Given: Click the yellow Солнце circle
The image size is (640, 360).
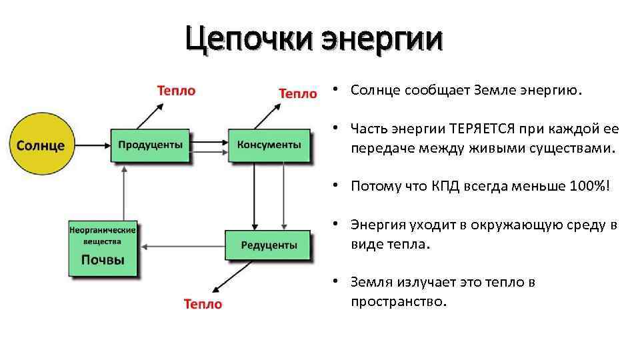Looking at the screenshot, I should [40, 145].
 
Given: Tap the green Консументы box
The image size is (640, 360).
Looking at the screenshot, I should [269, 145].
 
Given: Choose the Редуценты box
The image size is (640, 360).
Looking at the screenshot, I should [269, 245].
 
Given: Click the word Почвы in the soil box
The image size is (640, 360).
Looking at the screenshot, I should [103, 260].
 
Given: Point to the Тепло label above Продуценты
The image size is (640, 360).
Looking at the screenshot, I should [176, 90].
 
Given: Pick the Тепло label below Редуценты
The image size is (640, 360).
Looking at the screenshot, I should [203, 304].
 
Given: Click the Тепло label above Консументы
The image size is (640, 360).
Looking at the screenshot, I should [297, 93].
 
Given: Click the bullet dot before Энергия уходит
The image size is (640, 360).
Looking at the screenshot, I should [339, 225].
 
